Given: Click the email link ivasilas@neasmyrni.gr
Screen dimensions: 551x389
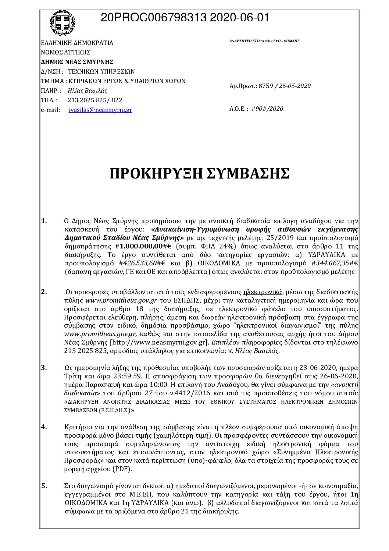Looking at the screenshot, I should (x=100, y=110).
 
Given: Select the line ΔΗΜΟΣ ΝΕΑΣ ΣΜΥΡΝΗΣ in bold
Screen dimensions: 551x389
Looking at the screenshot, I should (x=77, y=62).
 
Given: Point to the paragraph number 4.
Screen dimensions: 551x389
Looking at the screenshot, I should (x=44, y=427).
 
